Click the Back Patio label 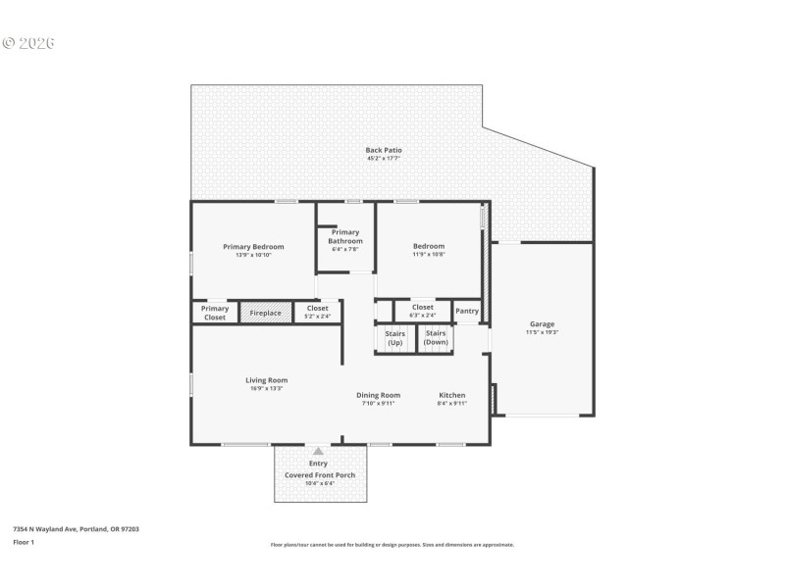click(384, 150)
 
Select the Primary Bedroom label click(253, 247)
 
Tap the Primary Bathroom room click(344, 237)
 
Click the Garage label click(542, 324)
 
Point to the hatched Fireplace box click(265, 313)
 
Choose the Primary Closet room click(215, 313)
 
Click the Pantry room click(467, 312)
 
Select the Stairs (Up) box click(395, 338)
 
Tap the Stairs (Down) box click(436, 338)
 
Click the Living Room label click(266, 380)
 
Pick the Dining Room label click(378, 395)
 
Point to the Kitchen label click(451, 395)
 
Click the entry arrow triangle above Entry click(318, 452)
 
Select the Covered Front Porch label click(320, 475)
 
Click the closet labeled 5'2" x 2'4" click(317, 312)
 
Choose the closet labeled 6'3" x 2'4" click(422, 311)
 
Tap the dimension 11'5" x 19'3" click(542, 332)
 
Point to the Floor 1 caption click(24, 541)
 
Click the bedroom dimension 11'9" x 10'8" click(429, 255)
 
